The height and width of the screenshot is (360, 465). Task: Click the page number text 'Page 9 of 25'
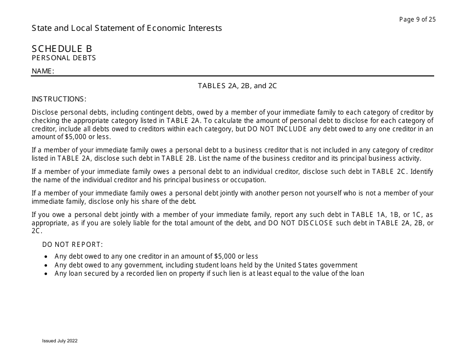pos(418,20)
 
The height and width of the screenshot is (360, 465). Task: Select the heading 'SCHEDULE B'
pos(62,48)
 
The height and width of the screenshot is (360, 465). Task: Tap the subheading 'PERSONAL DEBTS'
pos(64,58)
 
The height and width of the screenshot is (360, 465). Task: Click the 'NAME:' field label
pos(43,71)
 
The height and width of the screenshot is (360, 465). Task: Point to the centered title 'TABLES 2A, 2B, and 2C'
pos(237,86)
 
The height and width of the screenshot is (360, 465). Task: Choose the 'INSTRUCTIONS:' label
pos(59,98)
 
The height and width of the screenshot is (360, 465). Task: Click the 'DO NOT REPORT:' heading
pos(72,244)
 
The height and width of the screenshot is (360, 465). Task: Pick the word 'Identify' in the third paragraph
pos(421,171)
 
